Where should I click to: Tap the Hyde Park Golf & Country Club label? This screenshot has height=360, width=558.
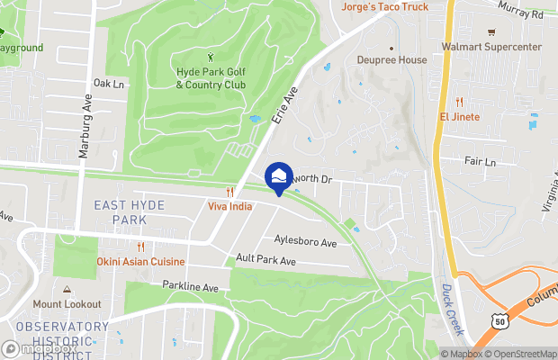click(209, 78)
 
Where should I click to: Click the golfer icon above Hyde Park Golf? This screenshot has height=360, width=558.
click(211, 58)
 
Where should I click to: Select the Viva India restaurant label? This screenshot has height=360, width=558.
click(230, 206)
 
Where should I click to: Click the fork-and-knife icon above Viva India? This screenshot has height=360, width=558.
click(230, 192)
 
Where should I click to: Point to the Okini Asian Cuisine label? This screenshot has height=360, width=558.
click(141, 262)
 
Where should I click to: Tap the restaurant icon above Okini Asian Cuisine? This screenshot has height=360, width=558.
click(141, 247)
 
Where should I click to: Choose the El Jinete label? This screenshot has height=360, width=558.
click(460, 117)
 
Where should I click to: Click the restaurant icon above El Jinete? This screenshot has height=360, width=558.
click(460, 102)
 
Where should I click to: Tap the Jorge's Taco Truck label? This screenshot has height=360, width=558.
click(384, 7)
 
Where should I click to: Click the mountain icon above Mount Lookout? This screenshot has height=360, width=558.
click(67, 290)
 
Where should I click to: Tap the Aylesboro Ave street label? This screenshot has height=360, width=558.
click(305, 243)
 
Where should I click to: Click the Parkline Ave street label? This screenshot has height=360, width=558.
click(191, 287)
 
